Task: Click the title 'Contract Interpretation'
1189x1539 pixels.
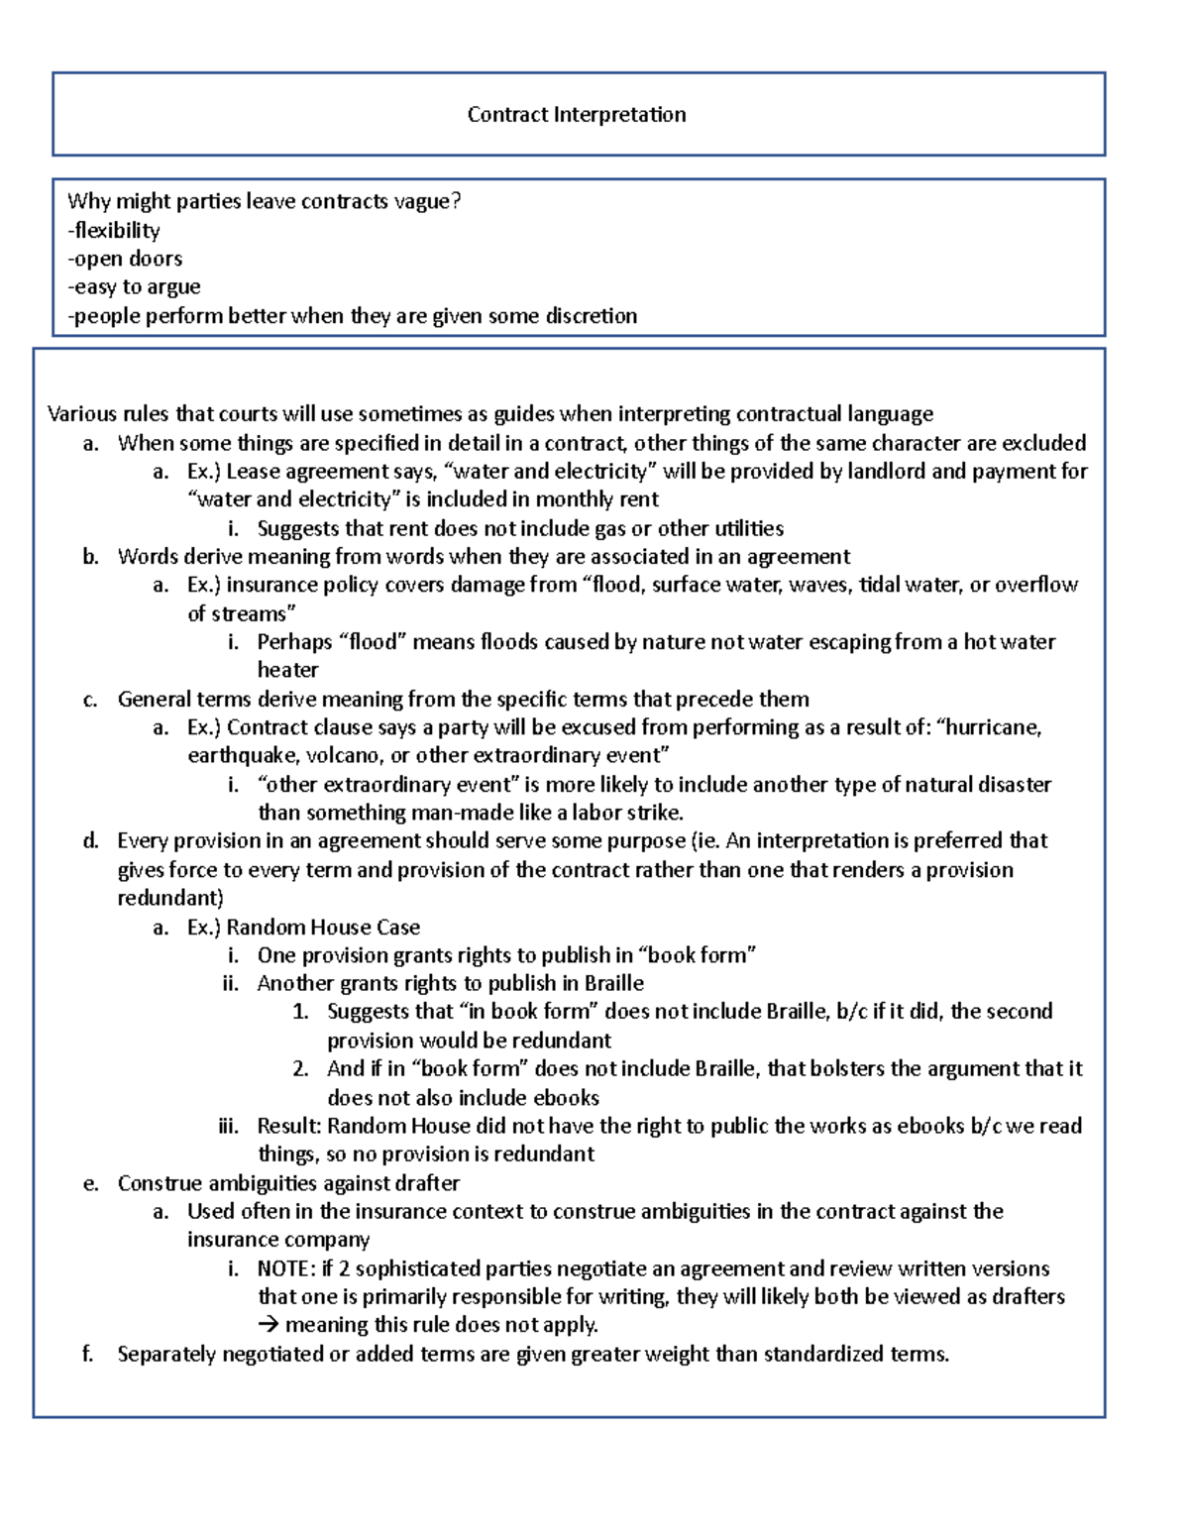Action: (577, 114)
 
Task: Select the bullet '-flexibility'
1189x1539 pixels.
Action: (114, 230)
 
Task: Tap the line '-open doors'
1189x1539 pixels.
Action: (125, 259)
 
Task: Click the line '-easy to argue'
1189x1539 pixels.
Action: (134, 287)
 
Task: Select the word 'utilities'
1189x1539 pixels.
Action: (742, 528)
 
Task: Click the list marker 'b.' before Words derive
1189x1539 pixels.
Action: (91, 557)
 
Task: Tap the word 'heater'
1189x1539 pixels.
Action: (287, 670)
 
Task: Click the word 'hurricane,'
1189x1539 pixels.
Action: (994, 727)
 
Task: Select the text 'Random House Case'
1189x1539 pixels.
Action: (323, 928)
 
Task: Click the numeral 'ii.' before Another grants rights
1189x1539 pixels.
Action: (231, 983)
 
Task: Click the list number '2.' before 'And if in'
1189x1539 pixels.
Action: (301, 1069)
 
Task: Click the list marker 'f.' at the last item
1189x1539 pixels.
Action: (88, 1354)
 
